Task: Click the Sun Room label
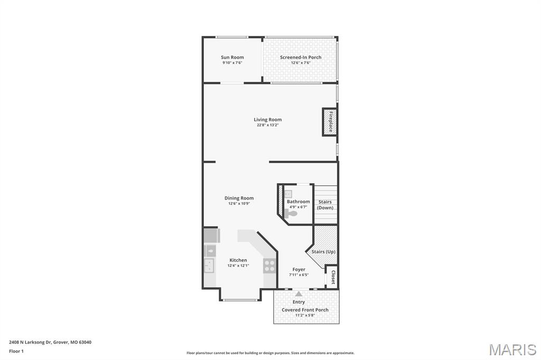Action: click(x=232, y=57)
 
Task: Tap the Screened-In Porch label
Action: click(x=301, y=57)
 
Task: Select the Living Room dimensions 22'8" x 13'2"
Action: click(x=268, y=125)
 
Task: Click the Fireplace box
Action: click(x=330, y=122)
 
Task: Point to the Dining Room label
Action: click(x=239, y=198)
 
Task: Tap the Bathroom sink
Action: click(x=288, y=194)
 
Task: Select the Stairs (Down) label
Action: click(x=325, y=205)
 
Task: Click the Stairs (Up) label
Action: click(x=323, y=252)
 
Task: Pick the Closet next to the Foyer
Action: click(x=333, y=277)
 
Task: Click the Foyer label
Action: click(x=299, y=269)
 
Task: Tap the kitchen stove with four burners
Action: click(x=269, y=266)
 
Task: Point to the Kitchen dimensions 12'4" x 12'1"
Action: click(x=238, y=266)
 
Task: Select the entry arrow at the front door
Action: click(x=299, y=293)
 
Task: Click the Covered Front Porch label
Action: click(x=305, y=310)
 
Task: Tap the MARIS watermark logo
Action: click(x=512, y=349)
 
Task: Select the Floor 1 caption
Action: click(x=16, y=351)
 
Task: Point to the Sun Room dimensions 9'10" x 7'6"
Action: click(x=232, y=63)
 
